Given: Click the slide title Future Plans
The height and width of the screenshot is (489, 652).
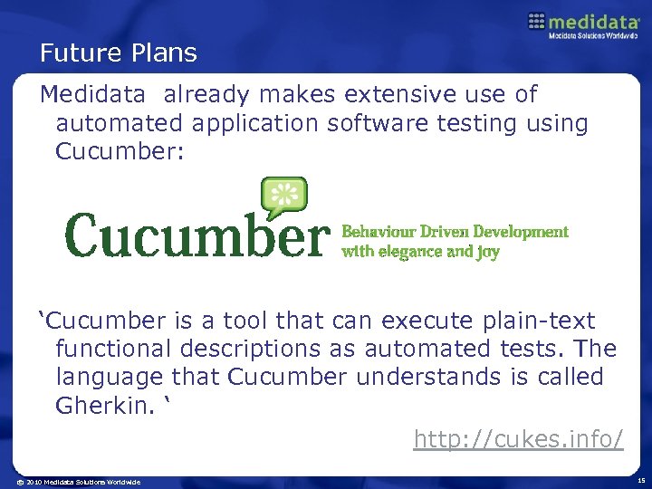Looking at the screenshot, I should (118, 53).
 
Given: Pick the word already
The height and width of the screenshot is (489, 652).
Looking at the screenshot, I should (209, 94).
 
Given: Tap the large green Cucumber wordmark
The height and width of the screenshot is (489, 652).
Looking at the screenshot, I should (194, 235).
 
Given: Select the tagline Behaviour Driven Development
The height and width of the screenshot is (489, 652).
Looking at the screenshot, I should (455, 232).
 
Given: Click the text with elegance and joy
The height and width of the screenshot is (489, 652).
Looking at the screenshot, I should (420, 252).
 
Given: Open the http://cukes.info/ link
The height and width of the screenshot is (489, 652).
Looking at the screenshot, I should (518, 439).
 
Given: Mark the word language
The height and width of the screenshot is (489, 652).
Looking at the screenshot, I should (108, 377).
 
